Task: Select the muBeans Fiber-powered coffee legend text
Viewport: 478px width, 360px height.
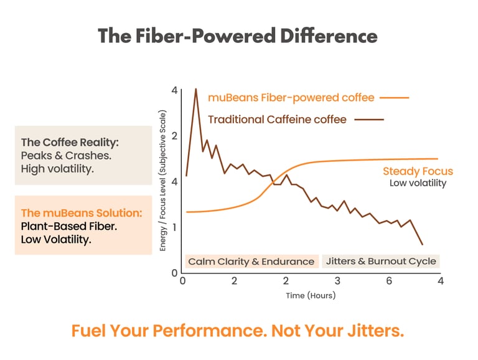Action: click(x=291, y=98)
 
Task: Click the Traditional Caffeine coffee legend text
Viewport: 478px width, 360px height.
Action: click(x=277, y=119)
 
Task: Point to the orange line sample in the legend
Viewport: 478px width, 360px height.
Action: click(x=393, y=98)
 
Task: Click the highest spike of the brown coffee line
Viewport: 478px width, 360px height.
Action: click(x=196, y=89)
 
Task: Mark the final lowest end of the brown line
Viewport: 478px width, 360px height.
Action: click(x=423, y=244)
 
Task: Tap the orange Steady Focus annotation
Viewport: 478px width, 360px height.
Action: click(x=418, y=171)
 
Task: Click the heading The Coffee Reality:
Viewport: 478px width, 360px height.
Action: click(x=70, y=142)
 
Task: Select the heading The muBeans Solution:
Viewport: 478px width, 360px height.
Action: click(x=82, y=213)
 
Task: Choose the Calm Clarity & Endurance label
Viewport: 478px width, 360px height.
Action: click(x=251, y=262)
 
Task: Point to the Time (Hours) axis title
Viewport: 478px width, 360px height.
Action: click(x=311, y=295)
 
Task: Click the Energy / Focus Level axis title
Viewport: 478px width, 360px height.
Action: click(x=163, y=181)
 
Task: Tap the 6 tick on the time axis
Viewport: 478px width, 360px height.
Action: click(x=389, y=281)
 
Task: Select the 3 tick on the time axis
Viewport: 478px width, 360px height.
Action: click(x=337, y=281)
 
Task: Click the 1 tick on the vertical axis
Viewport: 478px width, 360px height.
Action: click(x=175, y=227)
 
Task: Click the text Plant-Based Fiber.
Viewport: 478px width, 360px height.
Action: click(x=69, y=226)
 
